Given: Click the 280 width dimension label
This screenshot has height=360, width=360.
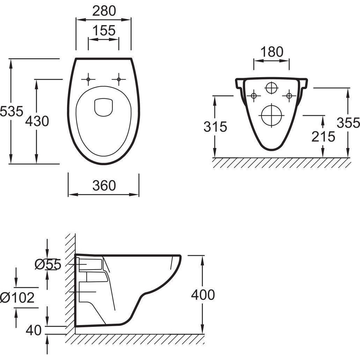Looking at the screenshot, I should [x=104, y=11].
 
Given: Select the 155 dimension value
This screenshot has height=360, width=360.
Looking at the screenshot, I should [x=104, y=31].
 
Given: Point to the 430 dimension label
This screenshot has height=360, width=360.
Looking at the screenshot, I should [x=37, y=121].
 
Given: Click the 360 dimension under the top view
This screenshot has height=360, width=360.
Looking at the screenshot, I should [x=104, y=185].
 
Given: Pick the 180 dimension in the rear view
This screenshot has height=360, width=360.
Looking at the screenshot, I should [x=272, y=52].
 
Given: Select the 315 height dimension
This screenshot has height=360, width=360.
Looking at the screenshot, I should [x=215, y=126].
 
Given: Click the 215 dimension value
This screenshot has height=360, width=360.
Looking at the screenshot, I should [x=323, y=137].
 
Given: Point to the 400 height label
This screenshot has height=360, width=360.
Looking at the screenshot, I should [x=203, y=295].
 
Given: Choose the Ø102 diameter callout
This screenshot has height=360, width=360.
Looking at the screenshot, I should [x=17, y=297].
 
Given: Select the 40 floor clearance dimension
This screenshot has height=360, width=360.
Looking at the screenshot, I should [x=34, y=330].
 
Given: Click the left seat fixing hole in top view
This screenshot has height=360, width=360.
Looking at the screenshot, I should [x=88, y=80].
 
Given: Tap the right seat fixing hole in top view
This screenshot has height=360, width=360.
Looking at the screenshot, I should [x=119, y=80].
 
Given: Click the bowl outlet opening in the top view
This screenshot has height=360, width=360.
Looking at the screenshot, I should [x=104, y=106].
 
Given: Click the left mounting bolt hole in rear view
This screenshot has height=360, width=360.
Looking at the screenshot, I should [x=254, y=95].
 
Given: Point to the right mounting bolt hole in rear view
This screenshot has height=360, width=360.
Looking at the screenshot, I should [x=289, y=95].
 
